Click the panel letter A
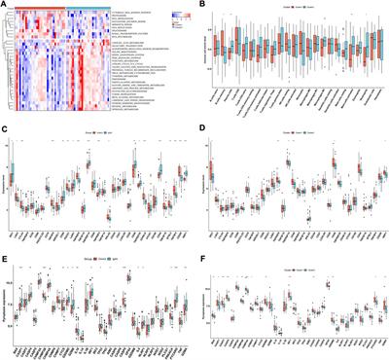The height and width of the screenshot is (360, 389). (x=4, y=4)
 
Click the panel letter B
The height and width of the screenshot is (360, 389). (x=201, y=4)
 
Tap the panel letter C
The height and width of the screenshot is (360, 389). (x=4, y=124)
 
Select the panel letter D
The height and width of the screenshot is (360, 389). (x=200, y=124)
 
